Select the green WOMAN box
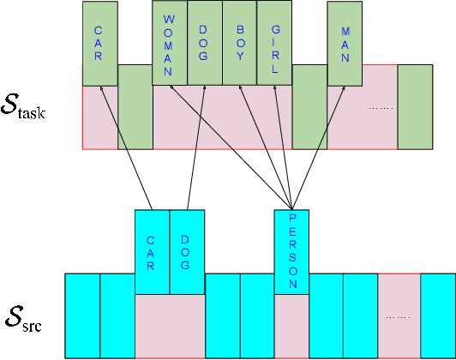pos(170,43)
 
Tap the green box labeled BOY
pos(240,43)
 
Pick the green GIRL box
pos(275,43)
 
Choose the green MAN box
pos(345,43)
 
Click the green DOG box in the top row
pos(205,43)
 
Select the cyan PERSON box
pos(291,252)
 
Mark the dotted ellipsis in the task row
pos(380,108)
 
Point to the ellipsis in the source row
pos(399,316)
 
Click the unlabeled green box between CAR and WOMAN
pos(135,106)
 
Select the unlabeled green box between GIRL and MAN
pos(310,106)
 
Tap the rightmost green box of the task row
pos(415,106)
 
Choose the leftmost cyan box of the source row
pos(82,315)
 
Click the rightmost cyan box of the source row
pos(437,315)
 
